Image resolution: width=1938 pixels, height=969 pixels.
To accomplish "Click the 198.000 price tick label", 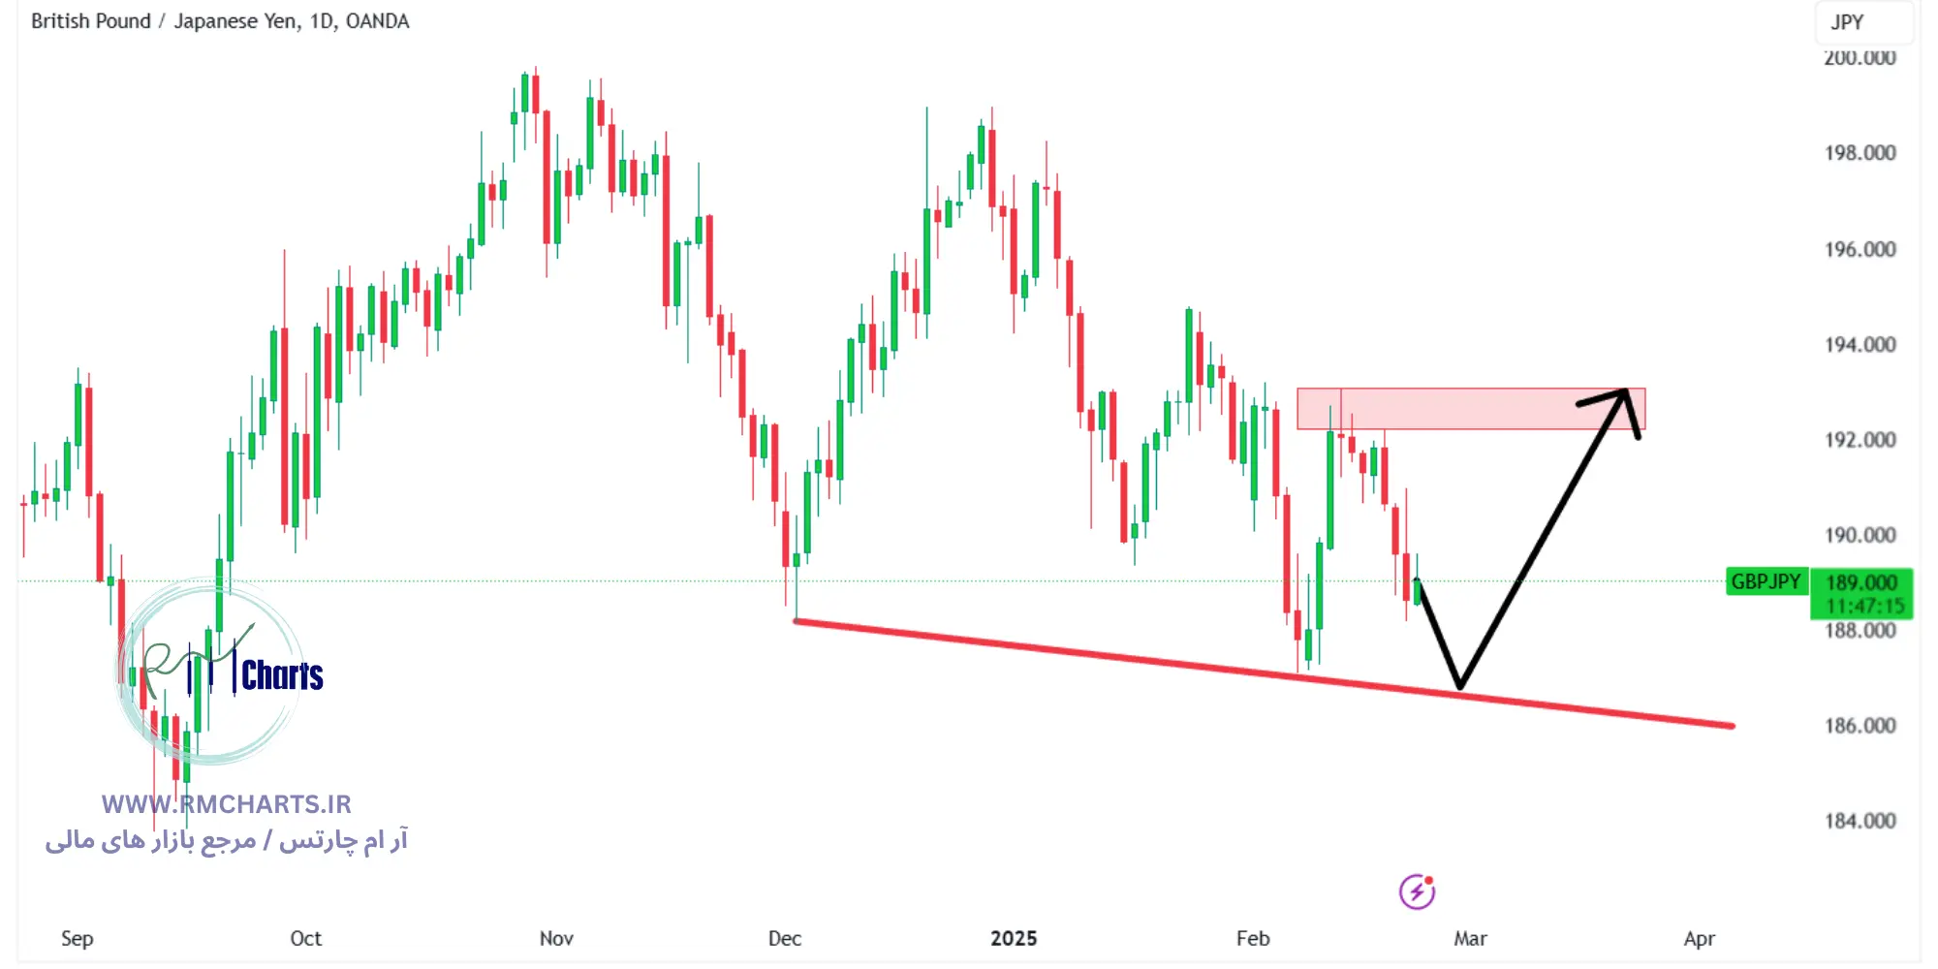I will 1860,153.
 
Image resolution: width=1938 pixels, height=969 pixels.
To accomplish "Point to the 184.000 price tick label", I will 1860,821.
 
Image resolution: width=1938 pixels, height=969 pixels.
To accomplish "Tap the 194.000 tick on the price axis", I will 1860,344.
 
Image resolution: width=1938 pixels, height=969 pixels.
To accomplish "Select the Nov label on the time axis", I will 556,938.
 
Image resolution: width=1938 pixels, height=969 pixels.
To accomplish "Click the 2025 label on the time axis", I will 1014,938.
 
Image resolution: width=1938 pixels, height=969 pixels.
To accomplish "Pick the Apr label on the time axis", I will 1700,938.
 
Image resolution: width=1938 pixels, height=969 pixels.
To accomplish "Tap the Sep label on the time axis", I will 78,938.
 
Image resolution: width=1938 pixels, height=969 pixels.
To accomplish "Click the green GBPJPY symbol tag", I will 1766,581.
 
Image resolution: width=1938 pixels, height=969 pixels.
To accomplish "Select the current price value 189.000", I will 1861,582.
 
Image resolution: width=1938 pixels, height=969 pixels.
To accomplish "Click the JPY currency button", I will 1847,22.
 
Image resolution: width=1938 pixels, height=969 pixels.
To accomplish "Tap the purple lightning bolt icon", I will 1417,891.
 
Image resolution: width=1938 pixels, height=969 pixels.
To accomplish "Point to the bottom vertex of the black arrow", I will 1459,686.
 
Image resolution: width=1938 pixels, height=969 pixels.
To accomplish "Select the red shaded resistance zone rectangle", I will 1471,409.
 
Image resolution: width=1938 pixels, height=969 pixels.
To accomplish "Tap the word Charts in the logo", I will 282,675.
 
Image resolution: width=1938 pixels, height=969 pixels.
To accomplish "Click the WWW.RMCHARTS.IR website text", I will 227,804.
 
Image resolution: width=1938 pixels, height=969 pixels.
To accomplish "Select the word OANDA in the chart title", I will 377,21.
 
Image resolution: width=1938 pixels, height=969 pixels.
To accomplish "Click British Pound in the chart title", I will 91,21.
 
